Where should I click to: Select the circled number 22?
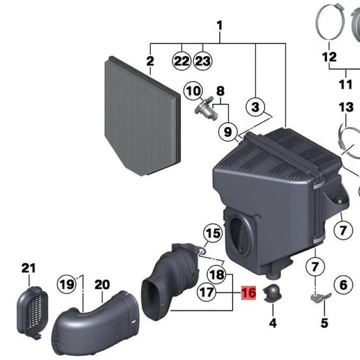181,62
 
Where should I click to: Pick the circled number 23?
203,62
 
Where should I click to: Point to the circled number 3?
255,107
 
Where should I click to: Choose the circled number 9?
228,132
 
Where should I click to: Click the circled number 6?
343,285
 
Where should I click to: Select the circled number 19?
67,285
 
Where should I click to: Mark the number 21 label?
29,268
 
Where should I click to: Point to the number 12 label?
329,57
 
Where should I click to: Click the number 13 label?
345,107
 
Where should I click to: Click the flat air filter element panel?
142,118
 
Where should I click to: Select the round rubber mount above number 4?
272,293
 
